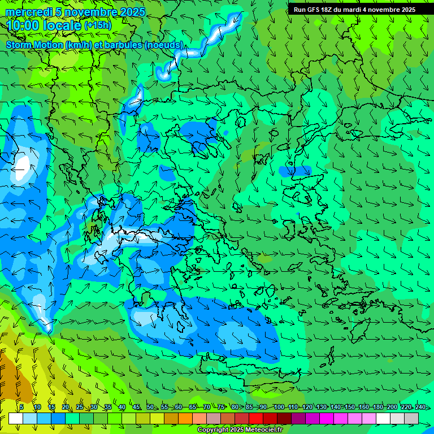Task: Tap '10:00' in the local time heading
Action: (24, 25)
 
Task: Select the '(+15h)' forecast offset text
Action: (98, 25)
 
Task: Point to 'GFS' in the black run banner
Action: (313, 10)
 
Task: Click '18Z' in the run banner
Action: (327, 10)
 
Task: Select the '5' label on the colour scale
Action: (21, 407)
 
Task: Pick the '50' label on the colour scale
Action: (150, 407)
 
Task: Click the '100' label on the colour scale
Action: (279, 407)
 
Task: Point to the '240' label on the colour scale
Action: (420, 407)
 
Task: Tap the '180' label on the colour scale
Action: (378, 407)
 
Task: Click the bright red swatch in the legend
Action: (256, 418)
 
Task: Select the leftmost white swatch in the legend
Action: (16, 418)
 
